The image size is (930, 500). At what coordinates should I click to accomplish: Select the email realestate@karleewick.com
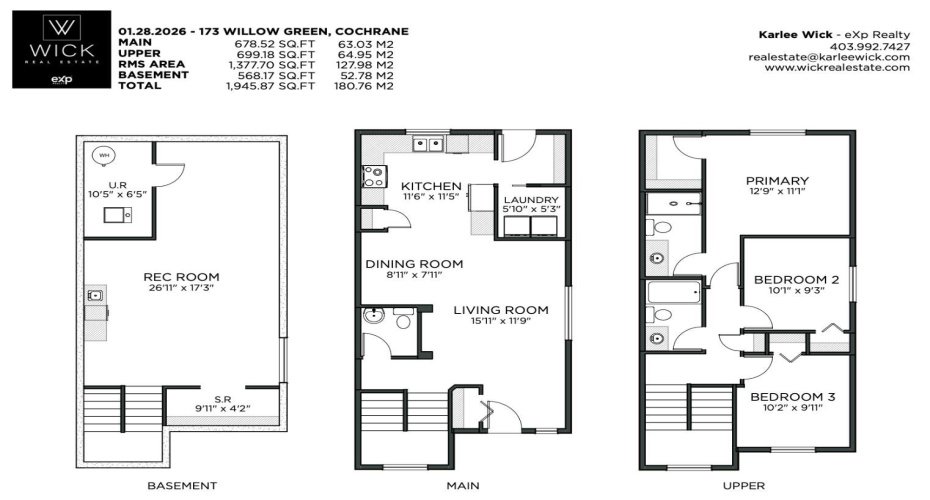pyautogui.click(x=829, y=57)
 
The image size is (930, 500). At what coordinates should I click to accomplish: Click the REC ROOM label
pyautogui.click(x=181, y=277)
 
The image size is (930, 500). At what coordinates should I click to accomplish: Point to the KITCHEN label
pyautogui.click(x=431, y=186)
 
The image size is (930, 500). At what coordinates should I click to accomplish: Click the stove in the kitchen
pyautogui.click(x=373, y=176)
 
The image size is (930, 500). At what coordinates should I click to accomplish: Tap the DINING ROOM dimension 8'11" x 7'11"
pyautogui.click(x=413, y=275)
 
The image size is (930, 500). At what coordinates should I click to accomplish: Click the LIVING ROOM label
pyautogui.click(x=501, y=310)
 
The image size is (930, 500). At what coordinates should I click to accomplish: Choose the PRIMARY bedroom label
pyautogui.click(x=778, y=180)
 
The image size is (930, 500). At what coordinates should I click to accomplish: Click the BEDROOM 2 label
pyautogui.click(x=795, y=279)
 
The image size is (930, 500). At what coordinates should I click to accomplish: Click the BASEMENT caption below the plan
pyautogui.click(x=182, y=485)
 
